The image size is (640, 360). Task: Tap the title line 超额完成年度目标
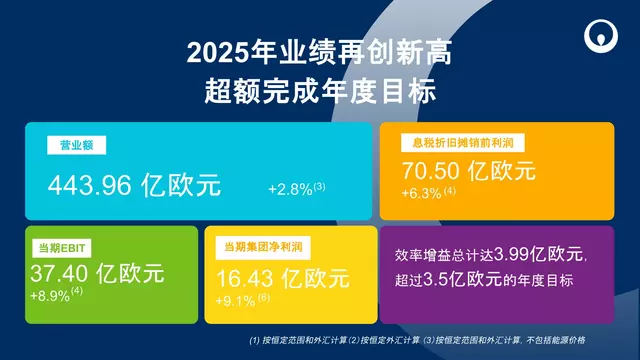tap(320, 94)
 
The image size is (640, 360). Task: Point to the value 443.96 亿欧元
tap(135, 185)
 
